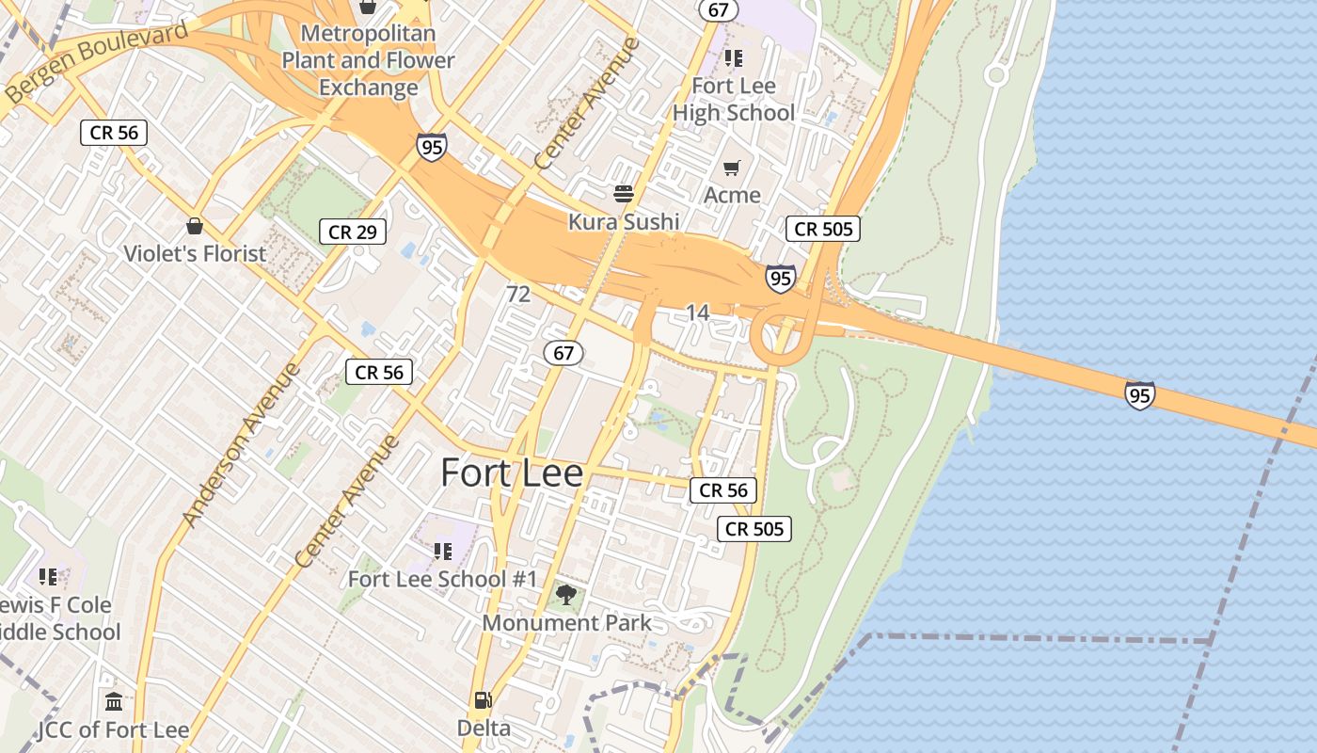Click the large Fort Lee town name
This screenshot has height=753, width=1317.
[512, 473]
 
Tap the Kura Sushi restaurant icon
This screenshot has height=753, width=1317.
[624, 195]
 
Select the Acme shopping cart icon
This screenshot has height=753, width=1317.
[732, 168]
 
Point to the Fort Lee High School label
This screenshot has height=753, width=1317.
[734, 99]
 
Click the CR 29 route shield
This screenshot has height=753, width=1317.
[353, 232]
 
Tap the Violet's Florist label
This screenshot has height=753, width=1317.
[196, 253]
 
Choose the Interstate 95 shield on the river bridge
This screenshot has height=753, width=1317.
[1139, 395]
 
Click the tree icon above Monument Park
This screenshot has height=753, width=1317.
[565, 595]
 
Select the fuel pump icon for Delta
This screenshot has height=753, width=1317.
[483, 700]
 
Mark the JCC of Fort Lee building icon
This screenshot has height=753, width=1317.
[114, 702]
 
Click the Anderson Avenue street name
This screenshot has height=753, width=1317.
[241, 444]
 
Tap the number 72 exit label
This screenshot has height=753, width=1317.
[518, 294]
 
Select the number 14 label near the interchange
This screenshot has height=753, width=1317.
[697, 312]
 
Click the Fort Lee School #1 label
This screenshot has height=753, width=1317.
[442, 579]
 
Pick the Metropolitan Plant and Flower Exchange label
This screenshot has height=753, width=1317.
[368, 60]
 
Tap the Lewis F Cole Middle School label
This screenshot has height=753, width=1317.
[58, 617]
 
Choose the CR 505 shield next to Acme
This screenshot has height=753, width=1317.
[823, 229]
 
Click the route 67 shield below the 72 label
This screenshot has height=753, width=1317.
[563, 353]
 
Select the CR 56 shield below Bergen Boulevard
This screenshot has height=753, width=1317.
[114, 133]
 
